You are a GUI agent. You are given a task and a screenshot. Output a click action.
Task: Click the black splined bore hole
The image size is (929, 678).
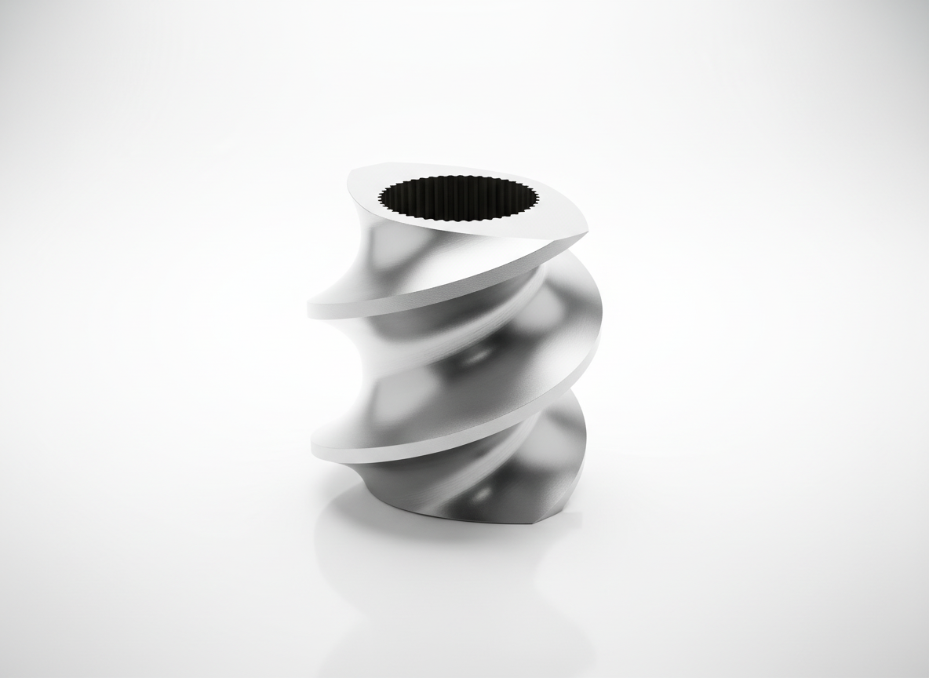coord(459,198)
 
